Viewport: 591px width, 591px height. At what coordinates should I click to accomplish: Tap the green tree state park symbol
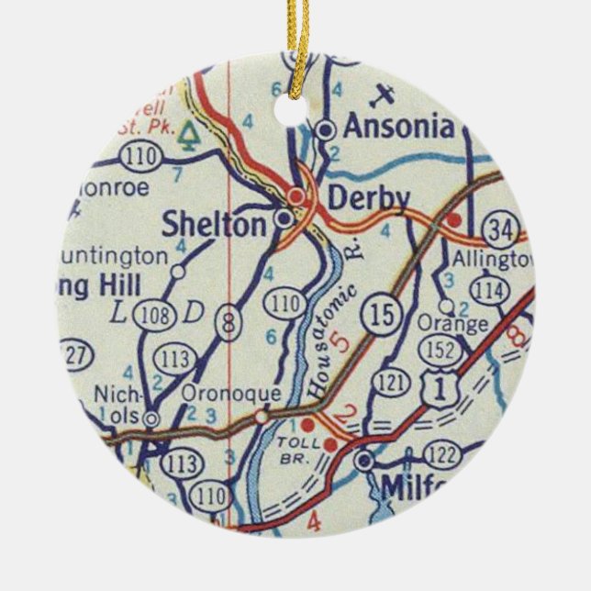190,135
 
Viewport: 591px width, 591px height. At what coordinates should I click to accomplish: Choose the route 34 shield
504,229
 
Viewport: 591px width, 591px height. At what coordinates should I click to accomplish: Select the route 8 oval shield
226,325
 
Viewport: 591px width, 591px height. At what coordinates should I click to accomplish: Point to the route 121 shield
392,381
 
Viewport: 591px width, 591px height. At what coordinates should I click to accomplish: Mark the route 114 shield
493,290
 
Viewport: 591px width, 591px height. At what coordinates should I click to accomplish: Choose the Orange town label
452,324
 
